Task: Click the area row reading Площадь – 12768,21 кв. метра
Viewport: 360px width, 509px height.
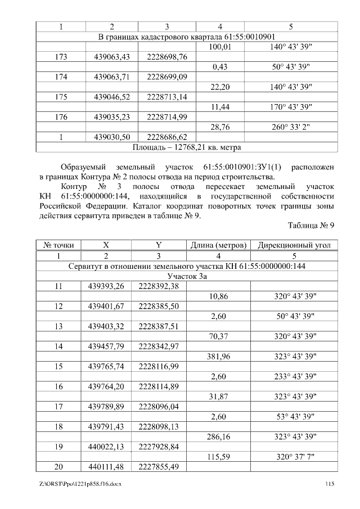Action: click(187, 147)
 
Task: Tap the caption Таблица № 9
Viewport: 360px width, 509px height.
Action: click(312, 226)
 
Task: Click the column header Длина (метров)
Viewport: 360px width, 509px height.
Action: click(218, 245)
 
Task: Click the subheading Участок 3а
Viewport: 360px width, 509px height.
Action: click(187, 276)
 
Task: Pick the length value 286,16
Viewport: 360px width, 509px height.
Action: click(218, 436)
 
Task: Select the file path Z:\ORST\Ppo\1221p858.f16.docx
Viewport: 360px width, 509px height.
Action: click(81, 484)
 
